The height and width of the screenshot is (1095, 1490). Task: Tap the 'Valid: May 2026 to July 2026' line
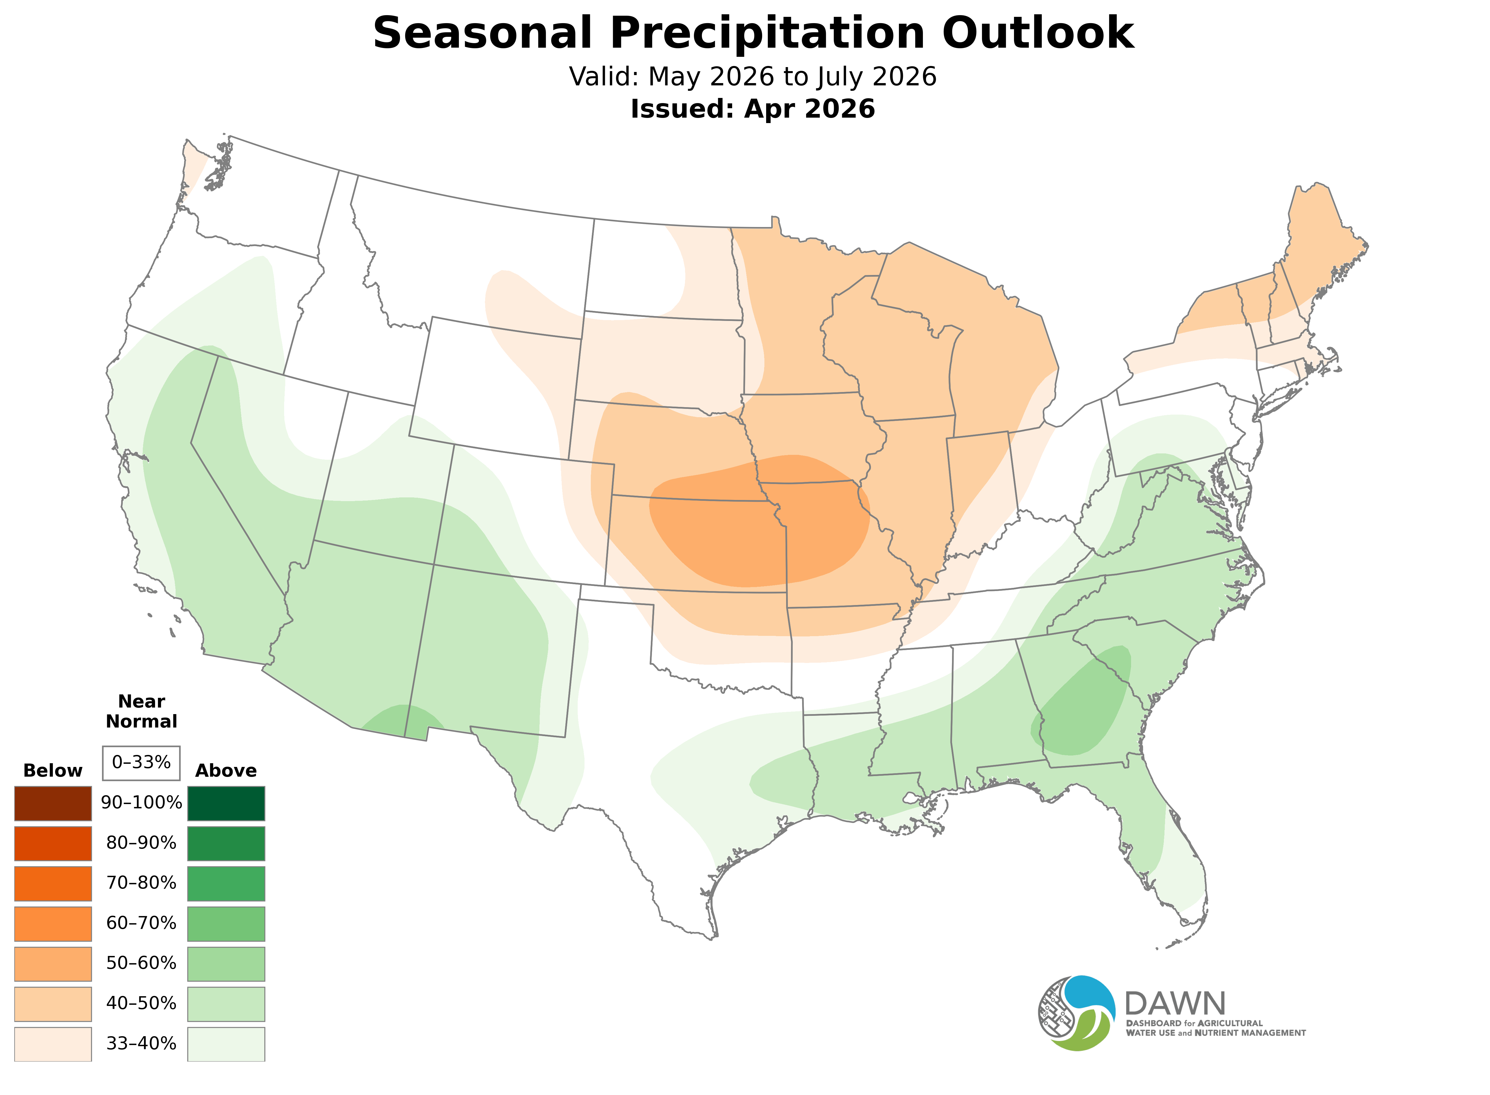tap(752, 77)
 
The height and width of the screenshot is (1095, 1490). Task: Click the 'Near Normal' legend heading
tap(141, 711)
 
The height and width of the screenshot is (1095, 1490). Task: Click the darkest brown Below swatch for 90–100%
tap(53, 803)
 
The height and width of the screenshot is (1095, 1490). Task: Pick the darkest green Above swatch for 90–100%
tap(226, 803)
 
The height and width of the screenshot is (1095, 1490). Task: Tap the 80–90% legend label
tap(141, 843)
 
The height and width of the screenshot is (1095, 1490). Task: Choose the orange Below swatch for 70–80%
tap(53, 883)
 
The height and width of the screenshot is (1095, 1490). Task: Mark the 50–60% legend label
tap(141, 963)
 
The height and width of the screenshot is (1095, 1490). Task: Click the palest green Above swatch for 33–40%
tap(226, 1044)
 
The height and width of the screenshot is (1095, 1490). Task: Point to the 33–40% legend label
tap(141, 1044)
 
